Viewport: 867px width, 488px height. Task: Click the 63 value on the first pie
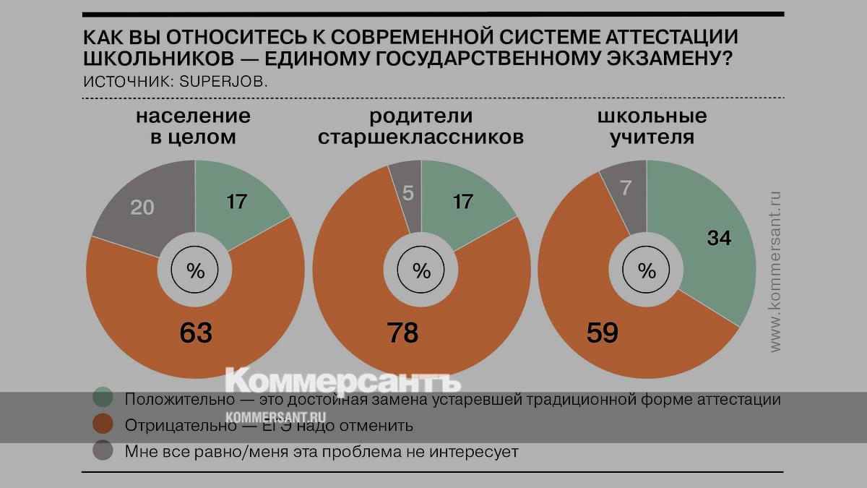195,333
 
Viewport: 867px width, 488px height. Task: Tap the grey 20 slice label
142,207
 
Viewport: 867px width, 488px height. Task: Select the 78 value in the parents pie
402,333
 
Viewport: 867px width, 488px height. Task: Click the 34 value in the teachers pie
719,238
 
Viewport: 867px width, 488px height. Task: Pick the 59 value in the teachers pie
601,333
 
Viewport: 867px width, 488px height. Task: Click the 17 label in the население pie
237,202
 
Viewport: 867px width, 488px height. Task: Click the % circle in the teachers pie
647,271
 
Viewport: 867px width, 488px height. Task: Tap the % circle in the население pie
196,271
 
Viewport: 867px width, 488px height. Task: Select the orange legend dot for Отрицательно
103,425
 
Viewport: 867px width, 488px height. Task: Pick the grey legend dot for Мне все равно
103,452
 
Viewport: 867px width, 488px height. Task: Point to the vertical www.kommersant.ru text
775,271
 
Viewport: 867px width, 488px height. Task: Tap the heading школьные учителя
652,127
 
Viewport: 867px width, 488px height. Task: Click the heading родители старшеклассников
421,127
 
